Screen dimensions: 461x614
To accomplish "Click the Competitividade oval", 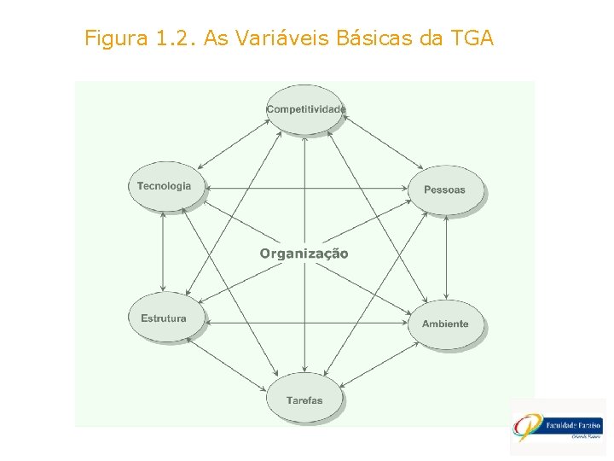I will click(x=305, y=109).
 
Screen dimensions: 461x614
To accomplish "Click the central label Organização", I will click(x=304, y=254).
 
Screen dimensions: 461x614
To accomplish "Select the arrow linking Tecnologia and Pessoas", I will click(x=307, y=187).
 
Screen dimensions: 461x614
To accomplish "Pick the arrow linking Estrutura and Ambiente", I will click(x=307, y=323).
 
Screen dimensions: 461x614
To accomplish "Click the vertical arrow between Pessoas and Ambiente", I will click(x=445, y=256).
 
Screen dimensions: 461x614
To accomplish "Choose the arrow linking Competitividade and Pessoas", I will click(x=381, y=146).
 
